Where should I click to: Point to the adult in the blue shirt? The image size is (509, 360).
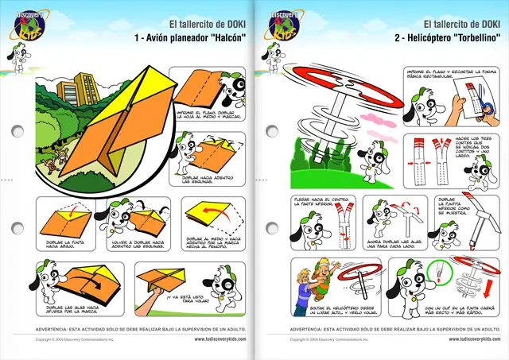(304, 290)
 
